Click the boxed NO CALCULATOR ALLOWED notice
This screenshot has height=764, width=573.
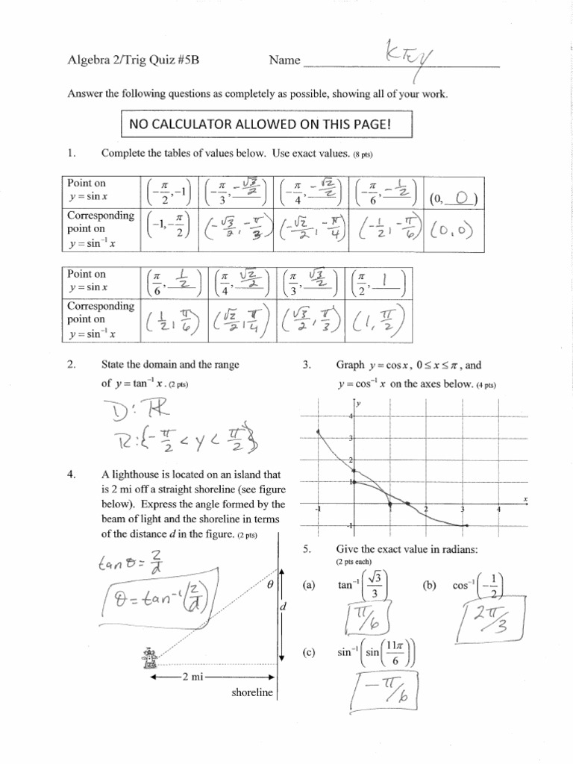point(266,124)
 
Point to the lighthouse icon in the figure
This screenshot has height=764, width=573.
point(147,657)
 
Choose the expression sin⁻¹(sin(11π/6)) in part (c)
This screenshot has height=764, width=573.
point(375,652)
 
